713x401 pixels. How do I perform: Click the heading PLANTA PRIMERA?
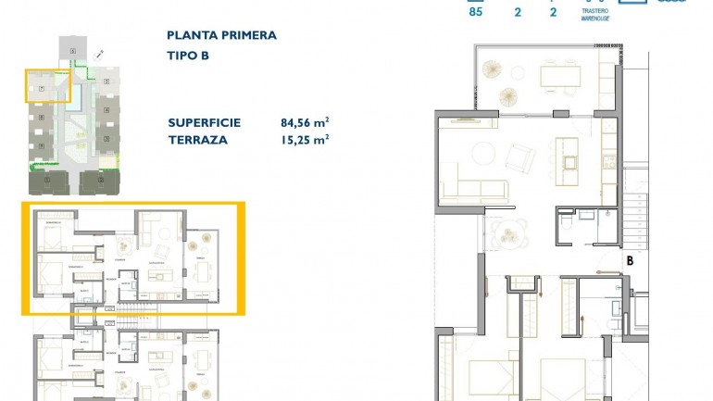click(x=221, y=35)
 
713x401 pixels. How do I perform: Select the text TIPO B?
click(x=189, y=56)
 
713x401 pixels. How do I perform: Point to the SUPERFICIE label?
click(x=205, y=122)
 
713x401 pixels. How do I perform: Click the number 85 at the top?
click(x=476, y=12)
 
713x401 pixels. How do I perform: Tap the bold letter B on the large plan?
click(x=630, y=261)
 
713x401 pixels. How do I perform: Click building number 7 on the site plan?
click(x=43, y=88)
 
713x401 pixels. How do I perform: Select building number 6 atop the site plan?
click(x=72, y=50)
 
